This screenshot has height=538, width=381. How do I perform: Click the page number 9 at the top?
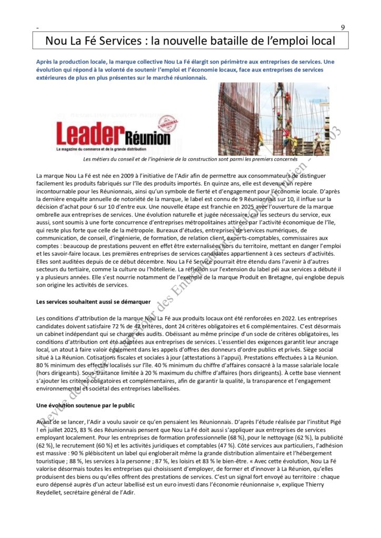pyautogui.click(x=343, y=28)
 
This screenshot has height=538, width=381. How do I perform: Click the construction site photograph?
pyautogui.click(x=274, y=118)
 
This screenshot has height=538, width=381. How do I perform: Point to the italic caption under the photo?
pyautogui.click(x=190, y=159)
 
